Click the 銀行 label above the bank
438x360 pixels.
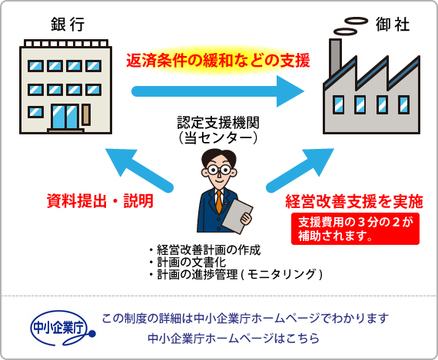coord(68,24)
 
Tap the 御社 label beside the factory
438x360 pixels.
coord(393,25)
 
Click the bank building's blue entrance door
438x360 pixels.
coord(65,117)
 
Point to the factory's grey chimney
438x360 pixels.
coord(335,58)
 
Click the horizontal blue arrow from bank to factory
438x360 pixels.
coord(218,91)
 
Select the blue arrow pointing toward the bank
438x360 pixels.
coord(139,170)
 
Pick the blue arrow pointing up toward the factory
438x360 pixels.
coord(300,170)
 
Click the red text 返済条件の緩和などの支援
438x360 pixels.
coord(218,61)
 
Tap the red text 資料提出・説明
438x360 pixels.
coord(100,200)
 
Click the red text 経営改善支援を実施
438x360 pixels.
coord(354,201)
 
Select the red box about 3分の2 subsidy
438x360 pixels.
coord(355,229)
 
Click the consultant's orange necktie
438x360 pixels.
coord(219,202)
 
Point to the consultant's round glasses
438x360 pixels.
coord(219,170)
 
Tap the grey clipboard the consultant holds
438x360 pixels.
coord(237,216)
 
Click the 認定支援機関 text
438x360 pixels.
coord(218,122)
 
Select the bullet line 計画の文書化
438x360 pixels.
coord(187,263)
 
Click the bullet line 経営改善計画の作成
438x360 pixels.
coord(204,250)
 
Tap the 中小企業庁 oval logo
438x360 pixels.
coord(62,328)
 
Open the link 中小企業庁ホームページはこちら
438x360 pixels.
coord(234,339)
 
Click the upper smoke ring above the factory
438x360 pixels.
coord(356,21)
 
